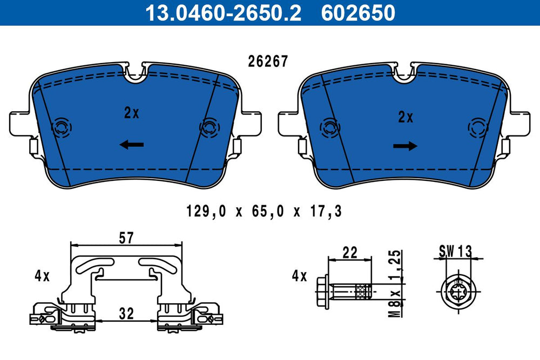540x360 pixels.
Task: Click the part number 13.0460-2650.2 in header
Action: [x=223, y=13]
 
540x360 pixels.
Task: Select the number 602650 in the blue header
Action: [x=358, y=13]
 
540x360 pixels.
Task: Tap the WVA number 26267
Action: [x=268, y=62]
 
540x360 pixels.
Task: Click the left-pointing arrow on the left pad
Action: [x=132, y=145]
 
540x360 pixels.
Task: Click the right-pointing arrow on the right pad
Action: [x=406, y=146]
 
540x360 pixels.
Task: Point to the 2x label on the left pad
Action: [x=132, y=113]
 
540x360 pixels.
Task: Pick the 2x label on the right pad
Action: [x=406, y=117]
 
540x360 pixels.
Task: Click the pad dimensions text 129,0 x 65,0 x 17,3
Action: [x=264, y=211]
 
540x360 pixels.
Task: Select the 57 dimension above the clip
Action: [x=126, y=238]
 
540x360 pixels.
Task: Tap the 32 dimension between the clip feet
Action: [x=126, y=314]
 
